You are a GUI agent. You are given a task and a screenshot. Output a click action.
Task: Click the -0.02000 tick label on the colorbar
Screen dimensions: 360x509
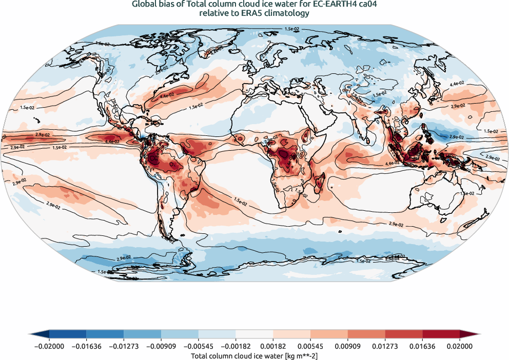[x=49, y=347]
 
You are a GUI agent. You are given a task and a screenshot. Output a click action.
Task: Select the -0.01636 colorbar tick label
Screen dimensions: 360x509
[x=87, y=347]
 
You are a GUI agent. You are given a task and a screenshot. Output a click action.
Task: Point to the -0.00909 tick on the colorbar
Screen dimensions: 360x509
[x=161, y=347]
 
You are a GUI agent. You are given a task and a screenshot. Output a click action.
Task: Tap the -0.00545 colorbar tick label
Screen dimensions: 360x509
[x=199, y=347]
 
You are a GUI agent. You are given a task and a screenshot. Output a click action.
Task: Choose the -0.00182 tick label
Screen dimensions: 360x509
[x=236, y=347]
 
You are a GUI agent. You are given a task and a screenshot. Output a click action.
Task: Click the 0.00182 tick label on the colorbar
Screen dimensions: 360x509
[x=273, y=347]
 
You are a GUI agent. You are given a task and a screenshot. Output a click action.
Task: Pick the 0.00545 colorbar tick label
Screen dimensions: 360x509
[x=310, y=347]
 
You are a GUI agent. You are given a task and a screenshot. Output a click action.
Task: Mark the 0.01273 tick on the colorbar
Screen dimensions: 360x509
[x=385, y=347]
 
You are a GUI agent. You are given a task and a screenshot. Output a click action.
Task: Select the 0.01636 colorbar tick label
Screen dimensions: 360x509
[x=422, y=347]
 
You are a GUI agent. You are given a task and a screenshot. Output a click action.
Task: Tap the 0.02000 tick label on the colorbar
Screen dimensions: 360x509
[x=460, y=347]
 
